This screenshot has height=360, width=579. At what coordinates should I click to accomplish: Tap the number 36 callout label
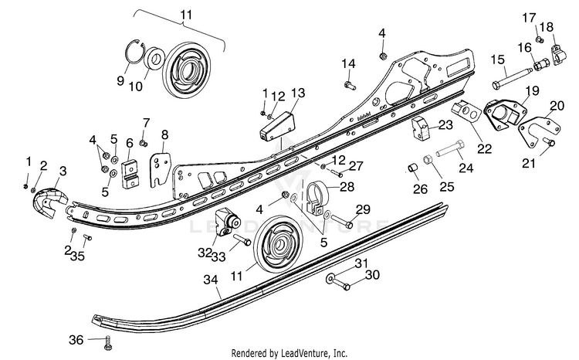point(76,339)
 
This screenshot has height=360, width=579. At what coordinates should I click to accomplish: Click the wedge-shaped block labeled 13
point(276,126)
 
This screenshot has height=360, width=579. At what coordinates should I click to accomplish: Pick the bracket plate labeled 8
point(161,169)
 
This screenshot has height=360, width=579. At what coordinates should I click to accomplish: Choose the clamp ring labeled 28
point(317,196)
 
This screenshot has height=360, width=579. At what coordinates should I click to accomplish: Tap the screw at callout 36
point(108,343)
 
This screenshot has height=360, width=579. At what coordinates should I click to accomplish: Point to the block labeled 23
point(422,128)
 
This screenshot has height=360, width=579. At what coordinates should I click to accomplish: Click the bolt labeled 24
point(450,148)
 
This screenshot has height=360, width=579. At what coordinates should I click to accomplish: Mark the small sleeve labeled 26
point(412,168)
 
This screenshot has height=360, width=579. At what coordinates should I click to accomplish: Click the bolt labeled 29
point(342,221)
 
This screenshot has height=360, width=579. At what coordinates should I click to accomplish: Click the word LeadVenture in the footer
point(310,352)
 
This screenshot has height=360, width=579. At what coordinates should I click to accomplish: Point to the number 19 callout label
point(533,90)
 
